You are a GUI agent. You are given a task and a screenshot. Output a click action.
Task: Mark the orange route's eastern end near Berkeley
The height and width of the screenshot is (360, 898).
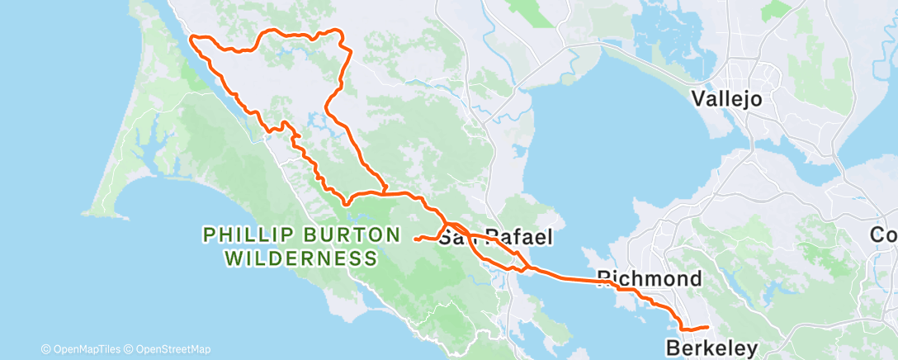tap(707, 328)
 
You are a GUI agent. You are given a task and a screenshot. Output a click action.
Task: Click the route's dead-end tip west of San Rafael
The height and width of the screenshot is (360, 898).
tap(416, 239)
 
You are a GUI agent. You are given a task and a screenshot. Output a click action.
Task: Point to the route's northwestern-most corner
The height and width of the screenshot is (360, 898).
tap(192, 37)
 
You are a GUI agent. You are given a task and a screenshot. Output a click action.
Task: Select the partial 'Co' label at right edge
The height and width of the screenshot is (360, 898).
tap(884, 235)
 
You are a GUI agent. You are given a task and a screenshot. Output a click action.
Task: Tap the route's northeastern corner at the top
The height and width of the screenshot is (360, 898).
tap(338, 31)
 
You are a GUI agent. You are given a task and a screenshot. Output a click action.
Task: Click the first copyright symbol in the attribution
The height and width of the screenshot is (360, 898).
tap(45, 349)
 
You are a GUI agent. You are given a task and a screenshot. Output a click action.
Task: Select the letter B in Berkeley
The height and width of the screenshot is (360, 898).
tap(673, 346)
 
